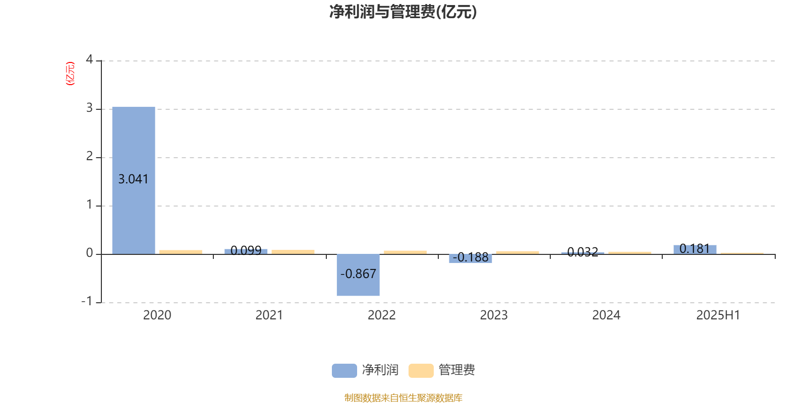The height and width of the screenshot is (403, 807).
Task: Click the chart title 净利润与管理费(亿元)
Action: (x=403, y=12)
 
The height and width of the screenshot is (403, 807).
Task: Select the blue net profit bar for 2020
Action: (x=134, y=180)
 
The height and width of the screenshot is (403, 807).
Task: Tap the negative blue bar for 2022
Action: (x=358, y=275)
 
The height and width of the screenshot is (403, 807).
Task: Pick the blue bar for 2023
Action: (x=470, y=259)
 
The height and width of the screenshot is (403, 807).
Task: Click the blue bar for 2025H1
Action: (x=695, y=250)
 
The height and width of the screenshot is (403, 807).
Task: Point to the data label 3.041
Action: (x=133, y=179)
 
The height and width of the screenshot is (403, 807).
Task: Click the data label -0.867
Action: (x=358, y=274)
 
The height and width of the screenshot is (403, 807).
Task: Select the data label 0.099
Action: (x=246, y=250)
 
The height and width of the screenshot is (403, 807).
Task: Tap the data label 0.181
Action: (x=695, y=249)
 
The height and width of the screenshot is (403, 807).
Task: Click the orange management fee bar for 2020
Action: (x=181, y=252)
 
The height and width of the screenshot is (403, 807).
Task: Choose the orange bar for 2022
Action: (x=406, y=252)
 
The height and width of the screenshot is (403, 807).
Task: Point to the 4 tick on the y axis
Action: (x=89, y=59)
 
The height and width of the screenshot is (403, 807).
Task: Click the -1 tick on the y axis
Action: (x=87, y=301)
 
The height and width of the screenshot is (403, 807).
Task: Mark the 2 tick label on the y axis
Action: (x=89, y=156)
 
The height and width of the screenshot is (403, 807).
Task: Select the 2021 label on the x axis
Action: (x=269, y=315)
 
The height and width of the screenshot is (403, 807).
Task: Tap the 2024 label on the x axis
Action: (x=606, y=315)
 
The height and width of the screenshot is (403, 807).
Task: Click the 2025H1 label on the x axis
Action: (x=718, y=315)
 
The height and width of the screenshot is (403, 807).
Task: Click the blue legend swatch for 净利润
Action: (x=344, y=371)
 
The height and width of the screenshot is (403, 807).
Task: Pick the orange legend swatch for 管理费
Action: (x=421, y=371)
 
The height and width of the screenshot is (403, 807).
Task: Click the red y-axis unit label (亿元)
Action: (x=70, y=74)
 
